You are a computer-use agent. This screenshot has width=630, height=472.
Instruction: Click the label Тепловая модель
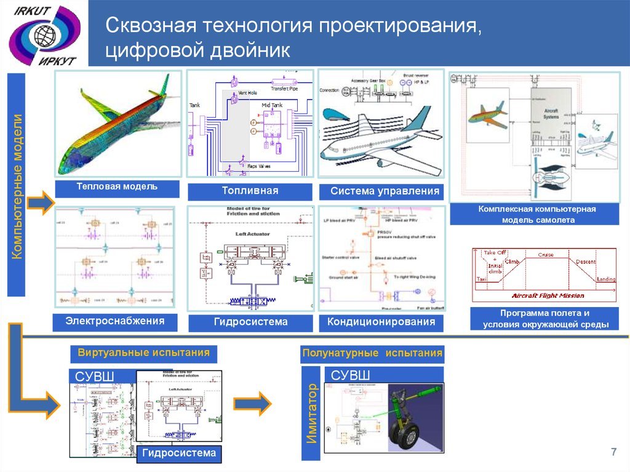(117, 186)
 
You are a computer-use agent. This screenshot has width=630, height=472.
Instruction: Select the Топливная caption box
(250, 191)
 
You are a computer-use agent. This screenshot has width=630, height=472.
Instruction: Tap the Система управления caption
(381, 191)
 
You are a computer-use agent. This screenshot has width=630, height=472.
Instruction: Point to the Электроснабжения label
(116, 321)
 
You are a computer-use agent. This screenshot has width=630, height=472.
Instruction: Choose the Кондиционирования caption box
(381, 322)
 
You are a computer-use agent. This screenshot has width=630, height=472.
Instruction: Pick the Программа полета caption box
(545, 319)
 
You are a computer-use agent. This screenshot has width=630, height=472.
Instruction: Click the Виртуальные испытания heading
(143, 353)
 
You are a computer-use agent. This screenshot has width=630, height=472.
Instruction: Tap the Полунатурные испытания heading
(372, 353)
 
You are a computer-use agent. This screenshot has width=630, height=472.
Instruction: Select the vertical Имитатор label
(311, 413)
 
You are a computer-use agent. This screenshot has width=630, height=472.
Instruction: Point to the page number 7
(613, 453)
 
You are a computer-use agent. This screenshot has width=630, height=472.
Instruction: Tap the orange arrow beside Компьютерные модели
(41, 203)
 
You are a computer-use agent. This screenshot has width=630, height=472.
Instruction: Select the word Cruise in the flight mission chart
(546, 254)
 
